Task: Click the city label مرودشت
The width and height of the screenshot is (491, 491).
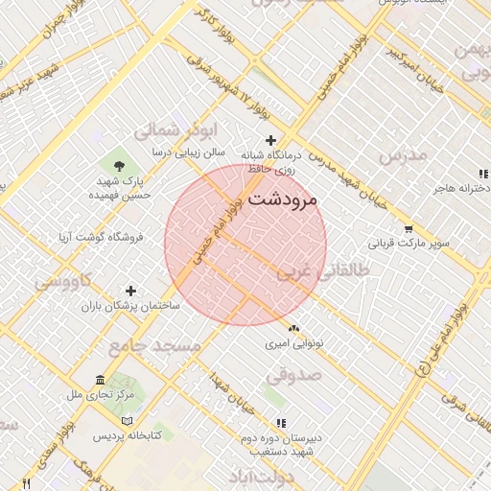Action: point(287,200)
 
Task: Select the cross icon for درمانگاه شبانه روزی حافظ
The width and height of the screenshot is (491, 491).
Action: point(270,140)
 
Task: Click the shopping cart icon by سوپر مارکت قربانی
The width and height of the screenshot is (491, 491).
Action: point(409,229)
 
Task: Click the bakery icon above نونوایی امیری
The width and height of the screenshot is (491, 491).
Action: point(293,329)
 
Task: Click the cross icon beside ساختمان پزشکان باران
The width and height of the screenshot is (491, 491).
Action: point(131,290)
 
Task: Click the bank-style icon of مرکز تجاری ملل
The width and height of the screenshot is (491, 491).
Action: point(101,381)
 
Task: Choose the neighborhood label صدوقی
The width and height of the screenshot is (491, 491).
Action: point(292,376)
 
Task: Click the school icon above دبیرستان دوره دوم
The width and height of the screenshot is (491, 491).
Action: point(281,422)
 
